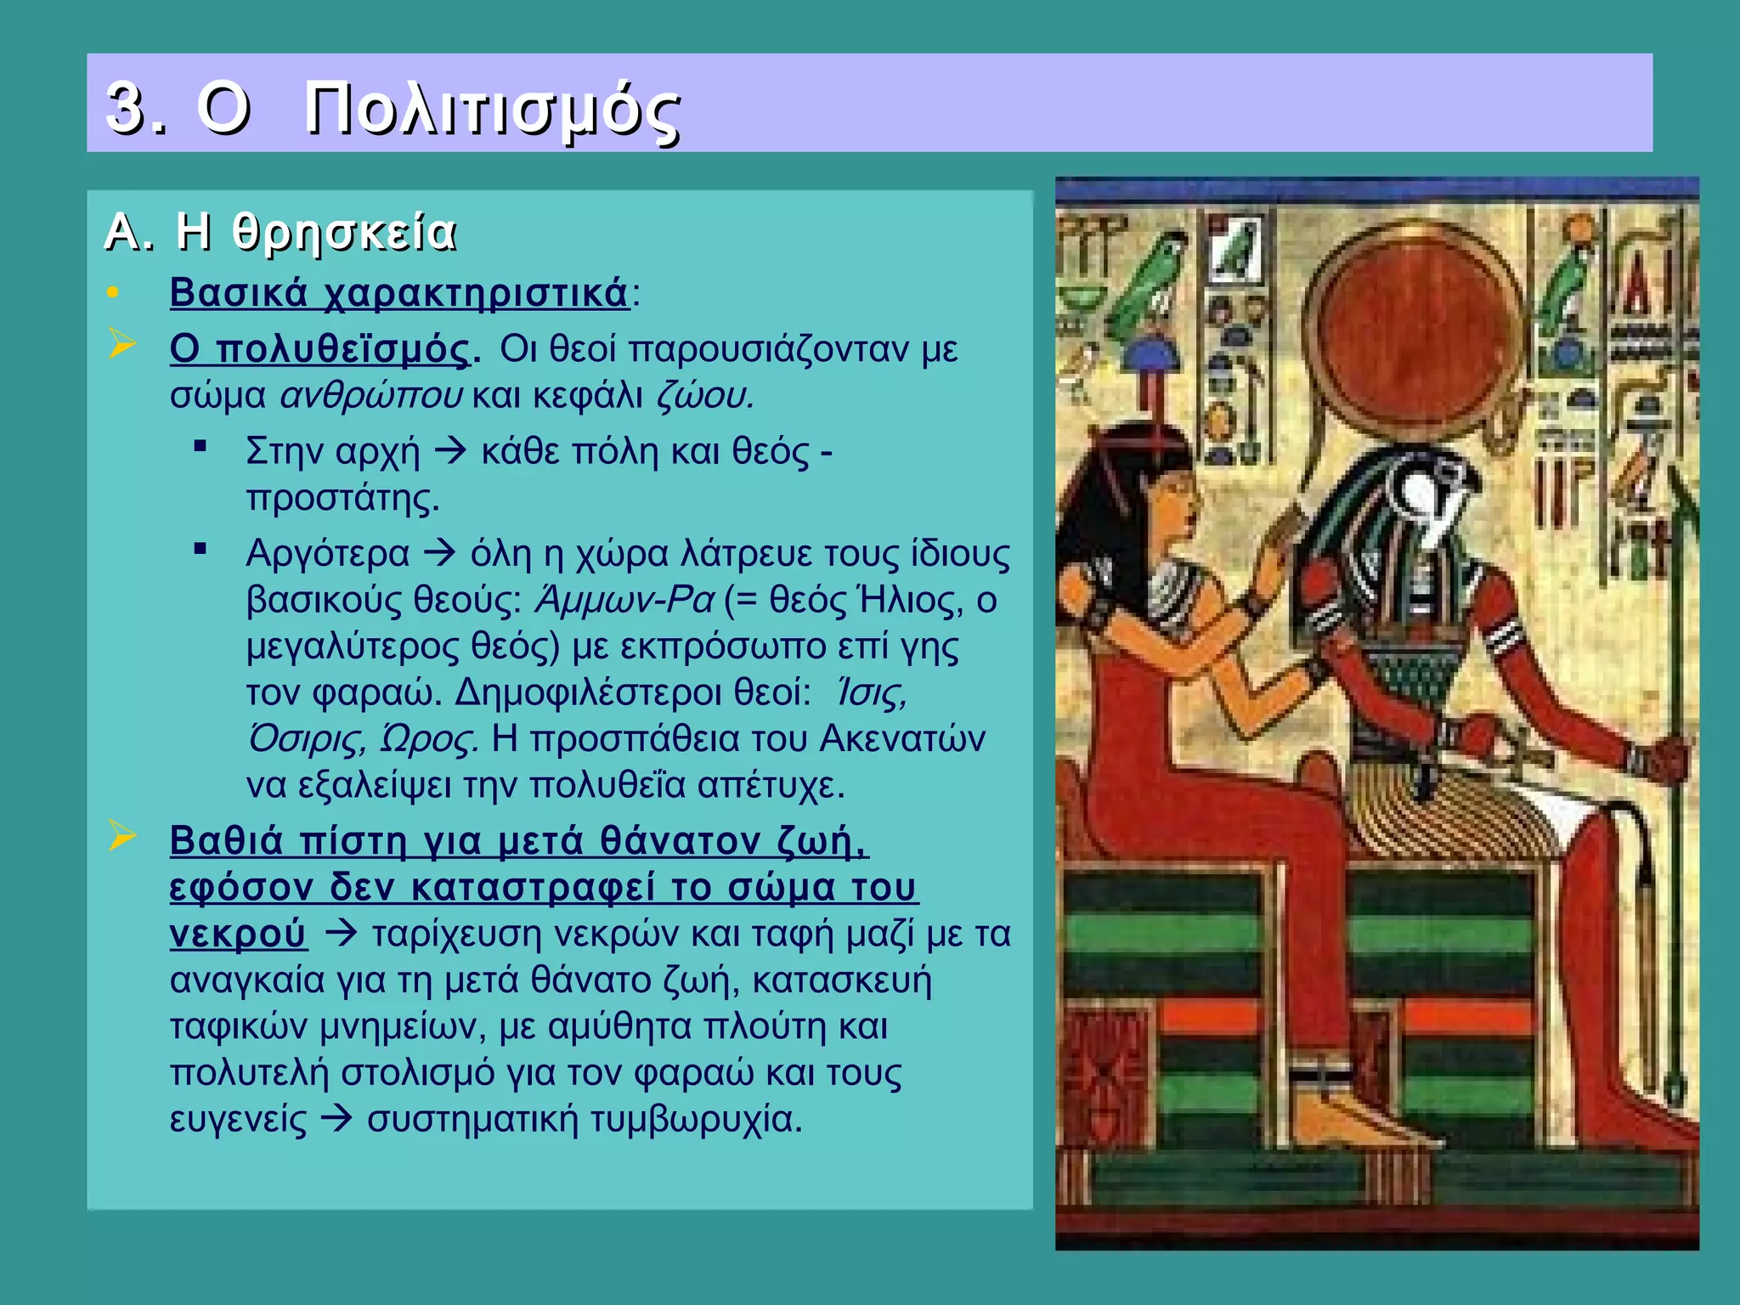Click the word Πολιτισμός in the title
point(492,110)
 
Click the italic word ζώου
point(704,396)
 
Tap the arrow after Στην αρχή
point(450,451)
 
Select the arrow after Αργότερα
point(439,553)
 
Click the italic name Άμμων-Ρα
point(624,601)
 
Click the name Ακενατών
point(902,739)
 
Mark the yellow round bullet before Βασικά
point(113,294)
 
